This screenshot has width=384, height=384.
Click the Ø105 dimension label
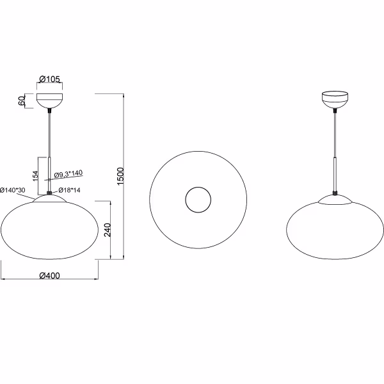49,79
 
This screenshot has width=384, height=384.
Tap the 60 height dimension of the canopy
22,100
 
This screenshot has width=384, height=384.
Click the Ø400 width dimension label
49,275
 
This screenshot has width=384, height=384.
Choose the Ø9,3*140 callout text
67,174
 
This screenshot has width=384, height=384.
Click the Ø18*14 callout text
68,190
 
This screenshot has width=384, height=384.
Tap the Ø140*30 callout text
12,190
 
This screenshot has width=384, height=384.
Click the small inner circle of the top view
198,200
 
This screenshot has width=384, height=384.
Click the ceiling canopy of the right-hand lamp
335,101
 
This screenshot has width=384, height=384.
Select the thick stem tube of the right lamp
335,173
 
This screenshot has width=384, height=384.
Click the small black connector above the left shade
49,191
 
